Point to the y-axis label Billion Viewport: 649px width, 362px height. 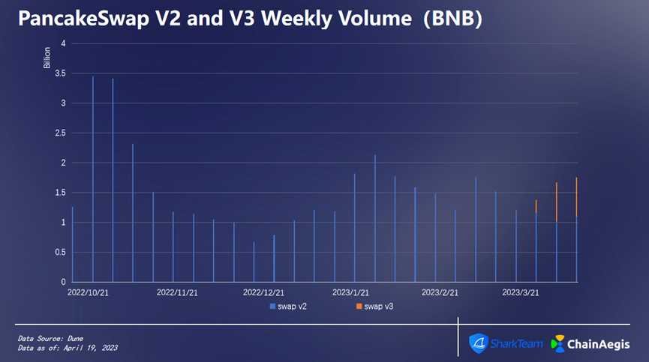47,58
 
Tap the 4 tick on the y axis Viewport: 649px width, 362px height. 64,43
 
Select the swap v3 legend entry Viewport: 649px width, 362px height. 375,307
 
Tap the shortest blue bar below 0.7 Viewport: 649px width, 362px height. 254,262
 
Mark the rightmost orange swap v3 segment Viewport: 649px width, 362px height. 576,196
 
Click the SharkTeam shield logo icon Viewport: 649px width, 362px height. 479,343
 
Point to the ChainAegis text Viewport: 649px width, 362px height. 602,344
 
